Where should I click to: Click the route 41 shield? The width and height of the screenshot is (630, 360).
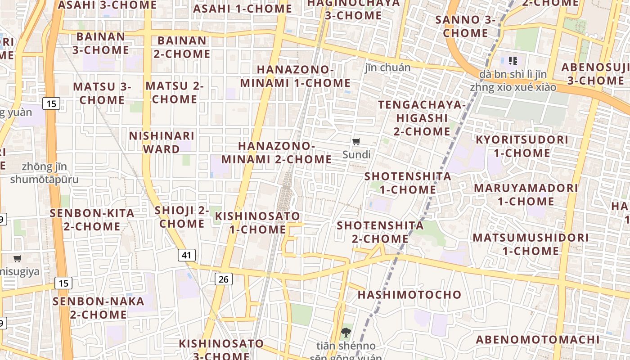(187, 255)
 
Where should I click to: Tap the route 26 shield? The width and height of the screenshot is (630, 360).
(223, 279)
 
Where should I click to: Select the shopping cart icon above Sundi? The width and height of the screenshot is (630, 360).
(356, 142)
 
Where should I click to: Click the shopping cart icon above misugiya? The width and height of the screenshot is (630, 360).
(18, 258)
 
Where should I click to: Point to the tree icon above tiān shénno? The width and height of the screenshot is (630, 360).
(346, 333)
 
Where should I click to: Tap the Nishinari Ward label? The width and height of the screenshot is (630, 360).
(162, 142)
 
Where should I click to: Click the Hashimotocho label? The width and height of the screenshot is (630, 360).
(409, 295)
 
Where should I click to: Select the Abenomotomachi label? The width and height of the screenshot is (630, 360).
(538, 340)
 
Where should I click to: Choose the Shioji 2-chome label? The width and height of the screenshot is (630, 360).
(182, 217)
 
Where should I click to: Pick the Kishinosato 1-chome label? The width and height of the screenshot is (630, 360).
(257, 223)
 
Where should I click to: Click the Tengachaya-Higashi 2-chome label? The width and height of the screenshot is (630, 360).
(422, 118)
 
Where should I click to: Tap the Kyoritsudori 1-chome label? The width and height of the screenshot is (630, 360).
(522, 146)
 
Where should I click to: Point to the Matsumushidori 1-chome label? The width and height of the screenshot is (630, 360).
(531, 244)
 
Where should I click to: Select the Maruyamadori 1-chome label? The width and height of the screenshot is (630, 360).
(526, 194)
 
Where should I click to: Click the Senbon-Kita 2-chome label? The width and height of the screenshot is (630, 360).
(92, 220)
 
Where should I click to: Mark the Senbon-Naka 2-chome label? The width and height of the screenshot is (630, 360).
(98, 308)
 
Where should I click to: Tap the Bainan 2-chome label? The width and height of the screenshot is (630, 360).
(182, 47)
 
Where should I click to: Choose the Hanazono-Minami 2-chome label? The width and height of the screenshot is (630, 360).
(276, 153)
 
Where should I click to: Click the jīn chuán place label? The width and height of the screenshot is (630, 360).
(387, 67)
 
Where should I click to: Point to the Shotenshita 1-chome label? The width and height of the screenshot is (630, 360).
(408, 183)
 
